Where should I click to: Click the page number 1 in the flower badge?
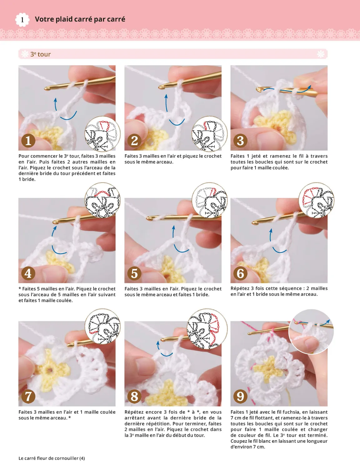pos(22,20)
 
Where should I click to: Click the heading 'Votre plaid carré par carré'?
pos(80,19)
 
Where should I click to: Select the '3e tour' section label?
pos(40,54)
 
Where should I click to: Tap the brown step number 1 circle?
pos(28,141)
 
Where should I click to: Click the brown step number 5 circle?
pos(134,274)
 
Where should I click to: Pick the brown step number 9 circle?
pos(240,397)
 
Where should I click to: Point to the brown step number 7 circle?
pos(28,397)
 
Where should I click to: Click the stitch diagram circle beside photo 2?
pos(209,134)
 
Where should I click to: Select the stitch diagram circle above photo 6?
pos(316,200)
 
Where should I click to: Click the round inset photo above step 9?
pos(311,332)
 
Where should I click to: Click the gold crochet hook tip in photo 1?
pos(47,89)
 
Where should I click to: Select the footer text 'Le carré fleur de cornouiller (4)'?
pos(52,458)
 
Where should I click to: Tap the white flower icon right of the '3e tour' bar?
pos(321,54)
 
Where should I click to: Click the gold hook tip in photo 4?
pos(55,222)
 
